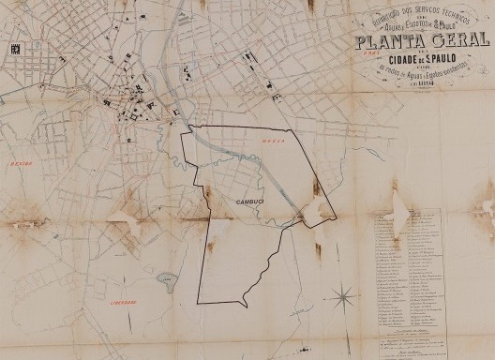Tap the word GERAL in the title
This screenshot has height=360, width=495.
460,41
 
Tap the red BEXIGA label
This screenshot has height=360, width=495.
18,162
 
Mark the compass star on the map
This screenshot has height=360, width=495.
345,299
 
